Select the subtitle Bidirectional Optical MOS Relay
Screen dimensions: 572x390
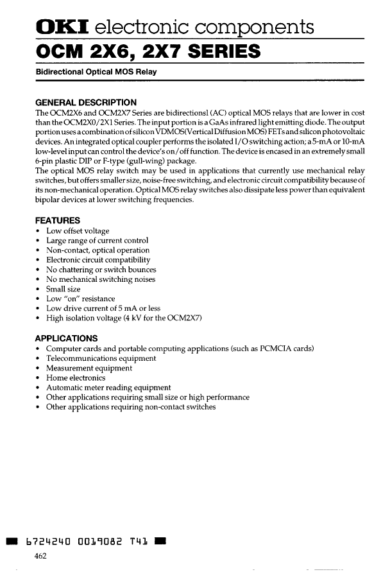[x=96, y=71]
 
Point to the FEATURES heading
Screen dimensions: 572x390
[x=58, y=220]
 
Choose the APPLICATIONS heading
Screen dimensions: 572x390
[x=66, y=338]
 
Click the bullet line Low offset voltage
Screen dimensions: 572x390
[x=78, y=230]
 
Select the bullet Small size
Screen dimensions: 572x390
[x=64, y=289]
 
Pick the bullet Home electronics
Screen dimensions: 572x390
[x=76, y=377]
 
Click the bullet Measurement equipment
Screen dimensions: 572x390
[x=89, y=368]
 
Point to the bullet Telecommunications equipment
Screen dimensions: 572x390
[x=101, y=358]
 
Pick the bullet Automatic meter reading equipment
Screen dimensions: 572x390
[x=108, y=388]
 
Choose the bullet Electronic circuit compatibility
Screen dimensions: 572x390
[x=97, y=260]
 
